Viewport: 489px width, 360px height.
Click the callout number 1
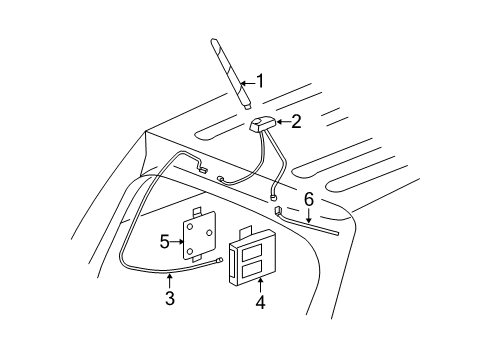point(261,81)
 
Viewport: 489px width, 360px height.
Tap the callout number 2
point(295,121)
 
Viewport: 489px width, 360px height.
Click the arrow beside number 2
point(281,121)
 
